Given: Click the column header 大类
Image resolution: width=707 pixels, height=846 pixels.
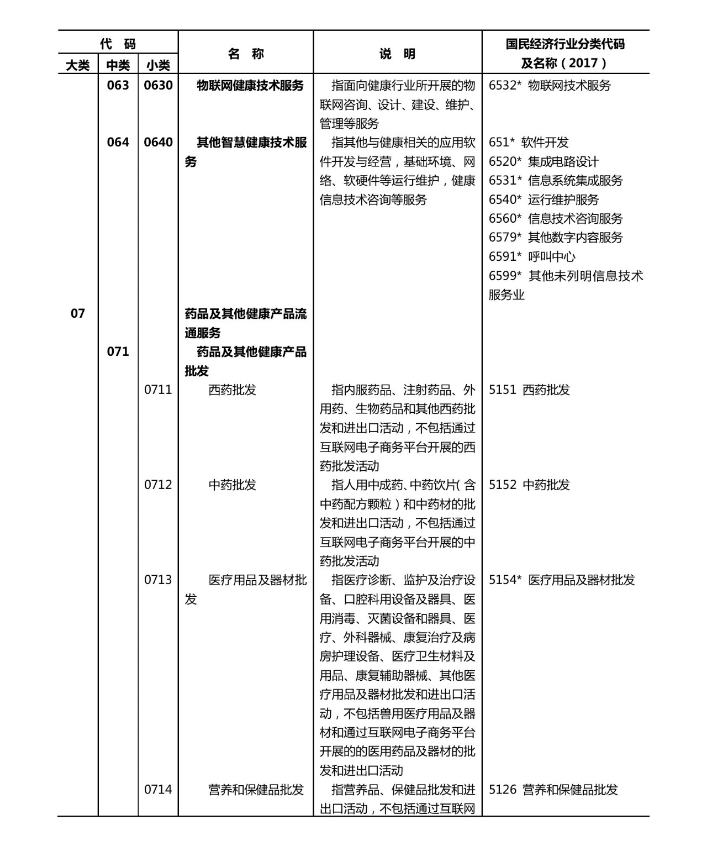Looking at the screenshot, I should pyautogui.click(x=78, y=65).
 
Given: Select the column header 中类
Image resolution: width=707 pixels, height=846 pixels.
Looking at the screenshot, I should pyautogui.click(x=118, y=65).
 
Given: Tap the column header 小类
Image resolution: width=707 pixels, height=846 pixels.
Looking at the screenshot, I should pyautogui.click(x=158, y=65).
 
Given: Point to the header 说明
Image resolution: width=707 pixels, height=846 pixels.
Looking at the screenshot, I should pyautogui.click(x=397, y=54).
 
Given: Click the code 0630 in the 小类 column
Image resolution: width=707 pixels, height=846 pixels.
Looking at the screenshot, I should pyautogui.click(x=158, y=86).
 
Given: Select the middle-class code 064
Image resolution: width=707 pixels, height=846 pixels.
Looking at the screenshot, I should pyautogui.click(x=118, y=143).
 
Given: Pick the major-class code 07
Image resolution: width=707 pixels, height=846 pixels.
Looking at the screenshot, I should pyautogui.click(x=78, y=314).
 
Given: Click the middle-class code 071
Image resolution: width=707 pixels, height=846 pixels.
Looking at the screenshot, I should pyautogui.click(x=118, y=352).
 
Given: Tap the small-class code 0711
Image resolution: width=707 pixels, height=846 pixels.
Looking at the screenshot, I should pyautogui.click(x=158, y=390).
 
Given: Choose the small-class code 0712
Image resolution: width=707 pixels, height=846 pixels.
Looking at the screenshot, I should pyautogui.click(x=158, y=485).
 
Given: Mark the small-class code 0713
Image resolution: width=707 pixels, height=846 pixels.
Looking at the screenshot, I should pyautogui.click(x=158, y=580).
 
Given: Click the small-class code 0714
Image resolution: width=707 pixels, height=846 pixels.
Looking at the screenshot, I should pyautogui.click(x=158, y=790).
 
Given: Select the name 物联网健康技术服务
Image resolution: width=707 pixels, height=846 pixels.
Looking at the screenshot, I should pyautogui.click(x=250, y=86).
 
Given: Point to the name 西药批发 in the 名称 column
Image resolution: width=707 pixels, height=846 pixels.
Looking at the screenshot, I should pyautogui.click(x=233, y=390).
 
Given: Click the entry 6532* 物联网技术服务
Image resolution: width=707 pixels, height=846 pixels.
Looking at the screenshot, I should pyautogui.click(x=550, y=86).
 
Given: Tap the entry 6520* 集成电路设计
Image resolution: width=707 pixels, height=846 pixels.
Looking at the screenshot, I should pyautogui.click(x=544, y=162).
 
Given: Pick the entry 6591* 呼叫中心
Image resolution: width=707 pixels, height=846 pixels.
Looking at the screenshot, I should pyautogui.click(x=532, y=257).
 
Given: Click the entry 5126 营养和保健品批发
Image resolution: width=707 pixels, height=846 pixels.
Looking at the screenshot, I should pyautogui.click(x=553, y=790).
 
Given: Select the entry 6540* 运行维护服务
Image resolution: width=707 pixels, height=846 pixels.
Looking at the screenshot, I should pyautogui.click(x=544, y=200).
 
